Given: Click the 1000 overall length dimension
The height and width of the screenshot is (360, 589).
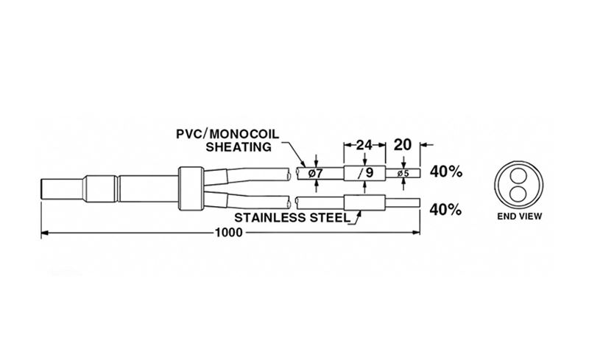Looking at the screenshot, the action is point(228,233).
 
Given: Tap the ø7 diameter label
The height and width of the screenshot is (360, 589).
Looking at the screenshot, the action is point(316,173).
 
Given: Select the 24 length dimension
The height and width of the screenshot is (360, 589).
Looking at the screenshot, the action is point(364,145).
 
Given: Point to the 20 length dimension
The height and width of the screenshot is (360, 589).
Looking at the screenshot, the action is point(403,145).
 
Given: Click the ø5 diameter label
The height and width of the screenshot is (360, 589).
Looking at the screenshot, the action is point(403,174).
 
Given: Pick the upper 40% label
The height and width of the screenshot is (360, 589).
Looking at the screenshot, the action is point(446,172).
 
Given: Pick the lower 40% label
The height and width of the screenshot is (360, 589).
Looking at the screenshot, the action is point(445,210).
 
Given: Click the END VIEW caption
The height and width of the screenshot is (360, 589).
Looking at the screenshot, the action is point(520,216).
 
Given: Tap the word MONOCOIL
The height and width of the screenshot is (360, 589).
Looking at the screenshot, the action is point(244,134).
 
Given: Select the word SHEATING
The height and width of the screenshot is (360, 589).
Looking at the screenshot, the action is point(239,147).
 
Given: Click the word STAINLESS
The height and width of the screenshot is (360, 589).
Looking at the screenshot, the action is point(269,218).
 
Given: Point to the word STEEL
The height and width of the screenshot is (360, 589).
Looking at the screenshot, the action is point(329,218).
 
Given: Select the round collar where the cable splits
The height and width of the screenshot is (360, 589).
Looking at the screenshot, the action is point(191,188).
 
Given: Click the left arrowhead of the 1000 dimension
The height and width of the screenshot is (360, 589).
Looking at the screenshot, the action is point(45,233).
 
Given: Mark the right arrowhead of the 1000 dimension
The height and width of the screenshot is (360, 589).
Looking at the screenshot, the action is point(416,233).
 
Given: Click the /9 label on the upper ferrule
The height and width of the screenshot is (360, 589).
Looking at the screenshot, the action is point(365,173).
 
